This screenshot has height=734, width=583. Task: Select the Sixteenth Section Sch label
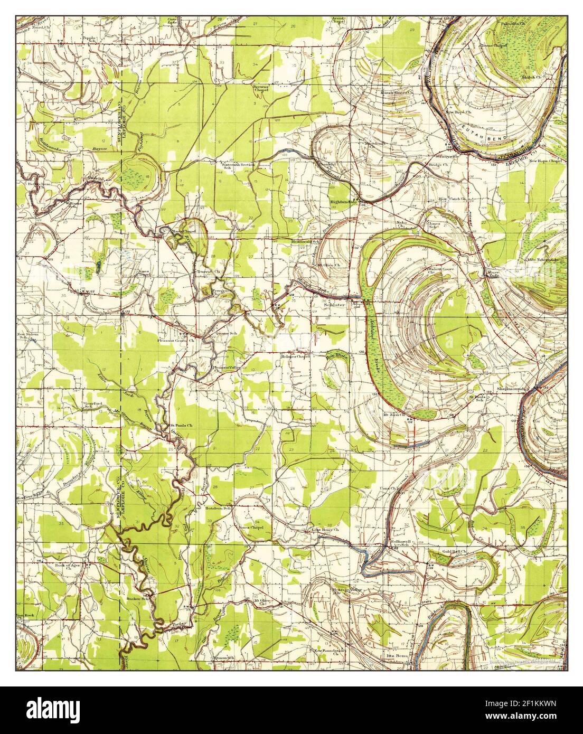238,166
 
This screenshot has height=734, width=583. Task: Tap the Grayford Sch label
92,406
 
